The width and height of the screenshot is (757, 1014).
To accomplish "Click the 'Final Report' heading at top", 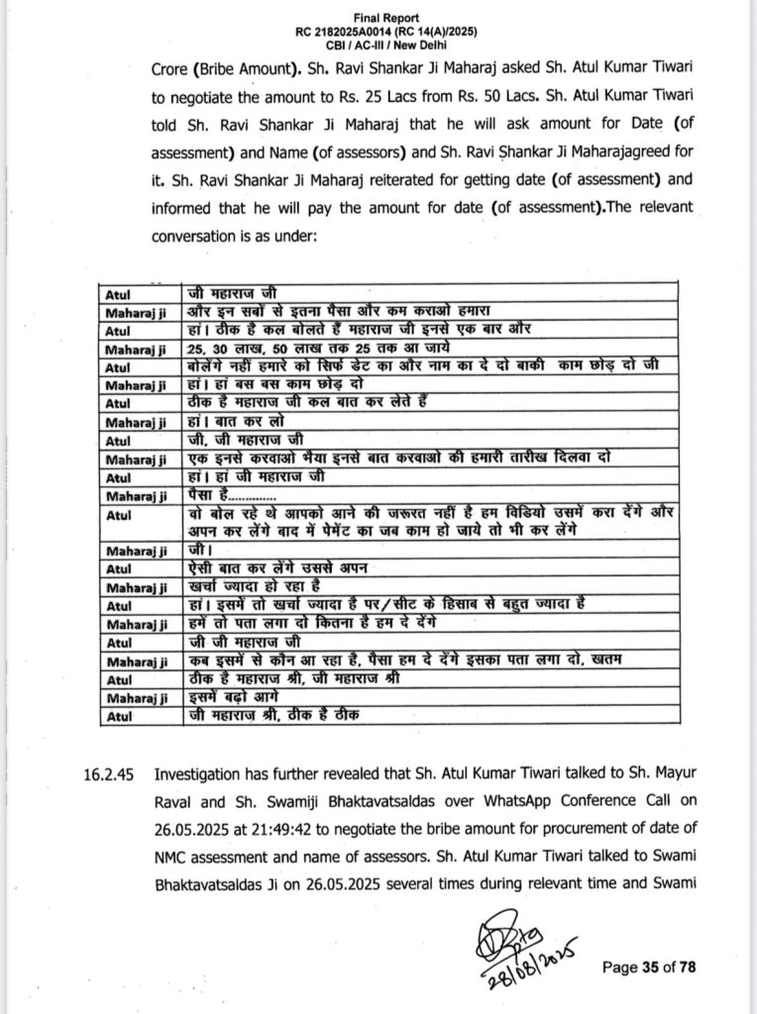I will [x=378, y=18].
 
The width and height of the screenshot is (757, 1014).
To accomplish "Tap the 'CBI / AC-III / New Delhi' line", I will [x=378, y=46].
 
